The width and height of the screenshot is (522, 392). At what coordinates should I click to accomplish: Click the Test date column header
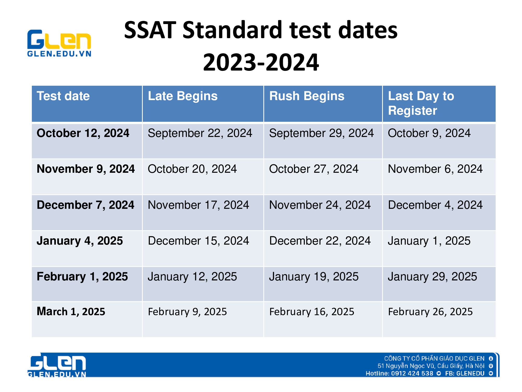point(63,96)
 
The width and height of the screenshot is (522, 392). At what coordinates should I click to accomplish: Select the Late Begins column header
point(183,96)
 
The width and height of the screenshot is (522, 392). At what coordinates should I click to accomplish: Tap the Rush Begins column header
point(307,96)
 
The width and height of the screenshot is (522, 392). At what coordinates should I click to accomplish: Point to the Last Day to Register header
point(421,103)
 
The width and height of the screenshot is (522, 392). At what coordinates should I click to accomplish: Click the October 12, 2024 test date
point(83,133)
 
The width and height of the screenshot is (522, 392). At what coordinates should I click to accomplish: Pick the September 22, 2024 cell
point(200,134)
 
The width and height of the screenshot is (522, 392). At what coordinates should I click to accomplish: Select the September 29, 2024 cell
point(322,134)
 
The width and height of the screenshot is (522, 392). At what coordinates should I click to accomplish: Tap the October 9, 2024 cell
point(429,133)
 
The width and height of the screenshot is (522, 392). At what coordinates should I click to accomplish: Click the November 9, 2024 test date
point(86,169)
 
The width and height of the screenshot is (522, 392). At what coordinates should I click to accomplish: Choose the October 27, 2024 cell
point(314,169)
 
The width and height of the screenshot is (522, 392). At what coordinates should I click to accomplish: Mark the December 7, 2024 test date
point(85,205)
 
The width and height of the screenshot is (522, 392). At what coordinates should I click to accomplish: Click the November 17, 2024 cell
point(198,205)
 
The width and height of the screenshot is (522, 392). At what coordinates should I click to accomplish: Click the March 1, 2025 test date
point(71,312)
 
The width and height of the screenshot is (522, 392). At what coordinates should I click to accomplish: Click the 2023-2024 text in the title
point(261,62)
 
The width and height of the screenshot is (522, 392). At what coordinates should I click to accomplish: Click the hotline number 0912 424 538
point(412,373)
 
